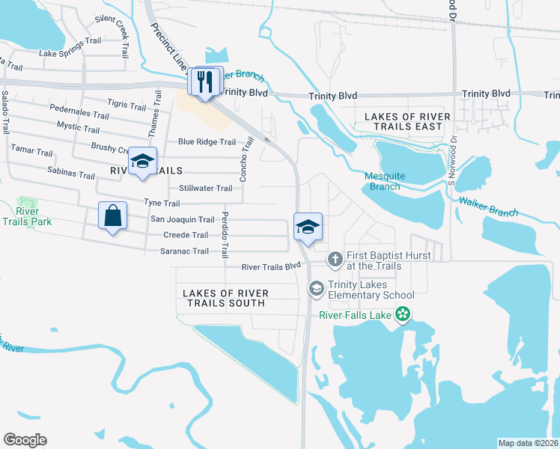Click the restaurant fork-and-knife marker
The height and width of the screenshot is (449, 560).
tap(205, 81)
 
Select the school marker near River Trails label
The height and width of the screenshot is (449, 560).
tap(142, 162)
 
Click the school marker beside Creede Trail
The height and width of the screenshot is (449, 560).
tap(307, 227)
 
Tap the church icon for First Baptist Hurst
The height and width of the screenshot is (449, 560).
tap(335, 259)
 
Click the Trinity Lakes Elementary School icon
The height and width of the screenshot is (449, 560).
tap(316, 288)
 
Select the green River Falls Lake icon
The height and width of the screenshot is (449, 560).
tap(403, 314)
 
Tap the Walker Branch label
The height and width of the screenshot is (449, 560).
tap(488, 207)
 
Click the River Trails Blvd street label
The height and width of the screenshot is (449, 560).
tap(270, 266)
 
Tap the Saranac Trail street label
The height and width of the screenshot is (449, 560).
tap(184, 251)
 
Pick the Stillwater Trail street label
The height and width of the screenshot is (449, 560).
tap(206, 189)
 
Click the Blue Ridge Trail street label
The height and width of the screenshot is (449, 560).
tap(207, 142)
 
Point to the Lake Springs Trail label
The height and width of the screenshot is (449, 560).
tap(70, 53)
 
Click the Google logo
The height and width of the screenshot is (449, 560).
tap(25, 439)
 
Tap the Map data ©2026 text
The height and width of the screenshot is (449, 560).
tap(528, 442)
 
